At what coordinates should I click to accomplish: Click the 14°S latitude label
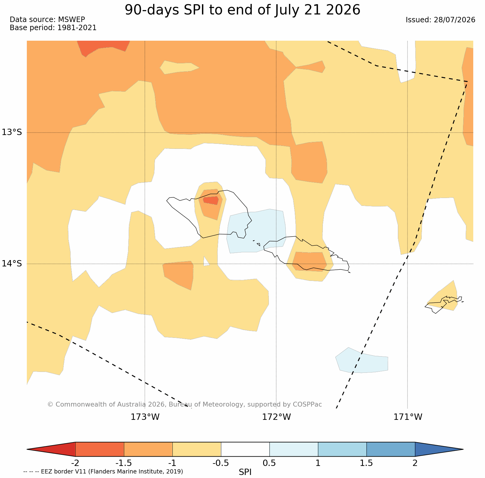12,263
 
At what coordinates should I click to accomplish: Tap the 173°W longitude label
145,417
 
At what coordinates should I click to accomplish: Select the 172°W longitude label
276,417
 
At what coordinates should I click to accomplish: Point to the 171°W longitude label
408,417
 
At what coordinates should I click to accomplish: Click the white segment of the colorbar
245,449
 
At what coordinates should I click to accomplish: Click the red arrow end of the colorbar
54,449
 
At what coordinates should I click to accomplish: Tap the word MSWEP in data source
71,20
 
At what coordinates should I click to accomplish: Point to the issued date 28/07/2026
454,20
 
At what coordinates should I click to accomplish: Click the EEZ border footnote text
103,471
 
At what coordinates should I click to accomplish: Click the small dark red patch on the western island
211,200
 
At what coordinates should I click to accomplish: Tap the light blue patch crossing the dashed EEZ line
362,360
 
